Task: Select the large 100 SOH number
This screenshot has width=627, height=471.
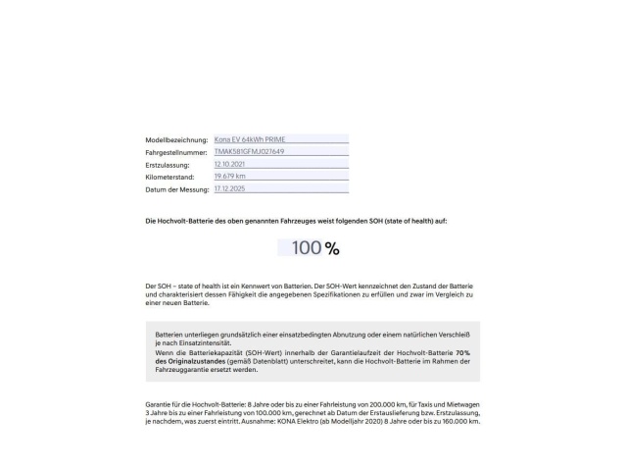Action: click(307, 248)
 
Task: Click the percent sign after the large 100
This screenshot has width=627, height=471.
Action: click(333, 248)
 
